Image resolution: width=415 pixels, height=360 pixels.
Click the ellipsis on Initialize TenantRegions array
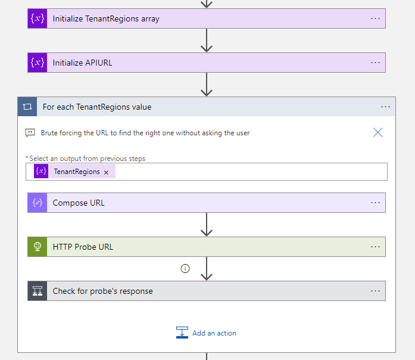pos(375,18)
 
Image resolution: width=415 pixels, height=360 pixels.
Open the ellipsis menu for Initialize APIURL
pos(375,63)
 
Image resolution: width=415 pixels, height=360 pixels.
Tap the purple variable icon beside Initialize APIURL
pos(38,63)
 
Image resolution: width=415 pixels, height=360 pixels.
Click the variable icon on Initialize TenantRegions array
pos(38,18)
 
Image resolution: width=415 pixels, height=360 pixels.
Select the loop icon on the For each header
pos(27,107)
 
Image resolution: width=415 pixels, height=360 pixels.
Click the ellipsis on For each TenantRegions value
pos(385,107)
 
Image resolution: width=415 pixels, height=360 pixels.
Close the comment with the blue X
pos(377,132)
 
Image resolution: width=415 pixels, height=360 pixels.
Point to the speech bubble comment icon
pos(30,133)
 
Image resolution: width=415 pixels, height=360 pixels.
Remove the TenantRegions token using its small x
pos(106,172)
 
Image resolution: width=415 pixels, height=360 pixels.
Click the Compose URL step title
pos(79,203)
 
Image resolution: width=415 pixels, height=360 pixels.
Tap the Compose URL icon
pos(38,203)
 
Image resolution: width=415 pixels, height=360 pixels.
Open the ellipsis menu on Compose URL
pos(375,203)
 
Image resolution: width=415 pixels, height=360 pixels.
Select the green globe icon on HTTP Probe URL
pos(38,247)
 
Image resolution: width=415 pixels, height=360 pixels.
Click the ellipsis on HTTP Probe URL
pos(375,247)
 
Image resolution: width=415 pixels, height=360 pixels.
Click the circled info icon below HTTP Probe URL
pos(185,269)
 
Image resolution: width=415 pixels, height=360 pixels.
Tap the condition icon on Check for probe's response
pos(38,291)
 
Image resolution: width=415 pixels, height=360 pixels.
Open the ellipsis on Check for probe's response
pos(375,291)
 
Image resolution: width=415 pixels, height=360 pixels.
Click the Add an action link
pos(214,333)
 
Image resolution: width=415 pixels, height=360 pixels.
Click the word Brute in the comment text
pos(50,133)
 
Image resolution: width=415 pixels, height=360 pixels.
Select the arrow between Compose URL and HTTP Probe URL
pos(207,225)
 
